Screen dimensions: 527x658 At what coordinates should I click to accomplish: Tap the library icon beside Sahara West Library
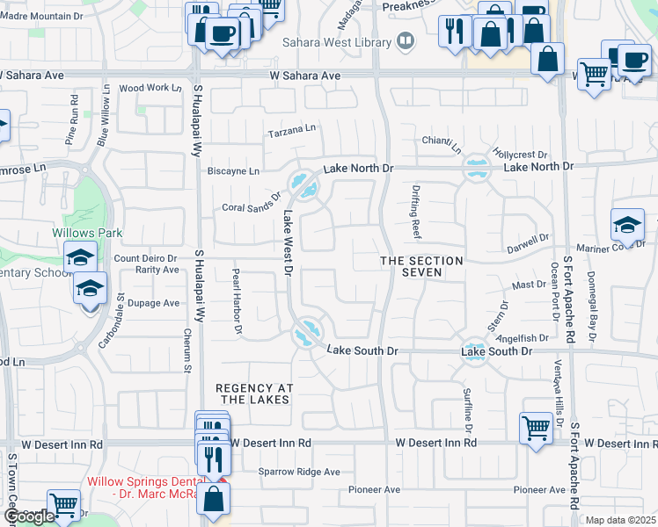click(x=406, y=40)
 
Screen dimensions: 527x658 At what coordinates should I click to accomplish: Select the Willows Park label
click(x=87, y=234)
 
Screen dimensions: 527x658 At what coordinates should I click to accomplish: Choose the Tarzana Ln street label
click(x=292, y=130)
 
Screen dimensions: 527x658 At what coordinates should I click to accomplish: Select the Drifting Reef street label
click(x=415, y=211)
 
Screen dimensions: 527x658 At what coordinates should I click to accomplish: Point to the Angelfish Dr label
click(x=523, y=337)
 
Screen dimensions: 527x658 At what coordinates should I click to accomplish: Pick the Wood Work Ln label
click(x=143, y=88)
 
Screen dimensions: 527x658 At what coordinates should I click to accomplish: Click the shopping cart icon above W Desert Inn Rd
click(x=536, y=429)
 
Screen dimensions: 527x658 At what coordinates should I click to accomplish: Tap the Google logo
click(x=29, y=516)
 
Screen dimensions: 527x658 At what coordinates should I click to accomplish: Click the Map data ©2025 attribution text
click(x=621, y=520)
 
